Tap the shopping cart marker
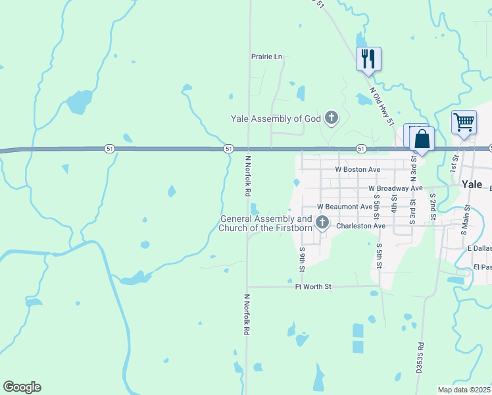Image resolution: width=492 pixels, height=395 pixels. [x=464, y=122]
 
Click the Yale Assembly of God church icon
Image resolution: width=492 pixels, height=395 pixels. [x=332, y=118]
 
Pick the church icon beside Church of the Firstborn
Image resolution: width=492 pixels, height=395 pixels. [x=322, y=223]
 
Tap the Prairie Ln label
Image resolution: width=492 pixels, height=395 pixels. [x=266, y=57]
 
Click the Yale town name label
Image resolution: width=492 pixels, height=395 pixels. [x=472, y=184]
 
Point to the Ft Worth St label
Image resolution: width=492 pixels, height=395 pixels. [x=314, y=286]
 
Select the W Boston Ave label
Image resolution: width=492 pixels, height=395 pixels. [x=358, y=169]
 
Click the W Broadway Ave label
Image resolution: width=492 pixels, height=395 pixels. [x=394, y=188]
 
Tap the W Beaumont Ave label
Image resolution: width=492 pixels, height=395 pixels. [x=345, y=207]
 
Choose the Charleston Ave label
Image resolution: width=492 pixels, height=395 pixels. [x=360, y=226]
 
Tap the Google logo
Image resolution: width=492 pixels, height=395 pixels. [x=22, y=387]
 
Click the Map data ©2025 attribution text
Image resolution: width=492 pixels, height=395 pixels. [x=464, y=390]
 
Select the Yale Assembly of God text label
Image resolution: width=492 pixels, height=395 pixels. [x=275, y=118]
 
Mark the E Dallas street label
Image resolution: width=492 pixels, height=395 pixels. [x=480, y=248]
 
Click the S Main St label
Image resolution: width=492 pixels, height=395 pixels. [x=466, y=219]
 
